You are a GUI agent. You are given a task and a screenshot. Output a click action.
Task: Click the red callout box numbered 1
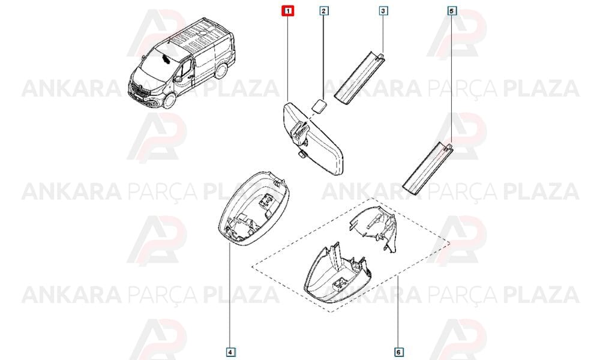pyautogui.click(x=287, y=11)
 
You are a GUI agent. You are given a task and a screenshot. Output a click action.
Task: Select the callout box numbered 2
pyautogui.click(x=324, y=11)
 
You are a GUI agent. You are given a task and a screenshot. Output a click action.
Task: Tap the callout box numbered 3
pyautogui.click(x=383, y=11)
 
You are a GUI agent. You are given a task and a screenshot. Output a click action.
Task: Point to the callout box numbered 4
pyautogui.click(x=229, y=352)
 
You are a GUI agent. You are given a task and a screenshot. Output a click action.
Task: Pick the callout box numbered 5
pyautogui.click(x=452, y=11)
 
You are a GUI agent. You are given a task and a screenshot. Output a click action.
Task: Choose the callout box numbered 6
pyautogui.click(x=398, y=352)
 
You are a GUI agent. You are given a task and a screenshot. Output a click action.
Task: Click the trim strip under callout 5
pyautogui.click(x=428, y=167)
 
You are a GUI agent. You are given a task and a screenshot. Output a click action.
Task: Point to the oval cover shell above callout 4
pyautogui.click(x=253, y=211)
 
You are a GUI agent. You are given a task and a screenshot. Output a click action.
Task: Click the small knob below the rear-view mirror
pyautogui.click(x=302, y=154)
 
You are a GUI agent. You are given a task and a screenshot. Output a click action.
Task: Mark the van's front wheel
pyautogui.click(x=169, y=101)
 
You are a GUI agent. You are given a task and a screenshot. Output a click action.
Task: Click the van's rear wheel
pyautogui.click(x=221, y=70)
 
